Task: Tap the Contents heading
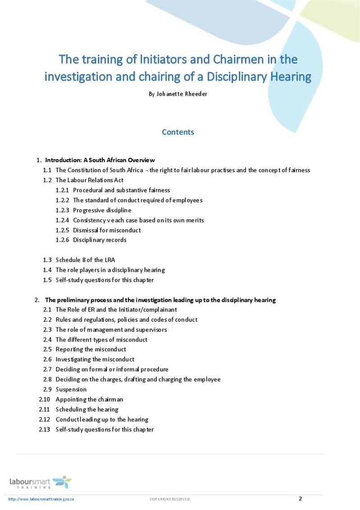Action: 178,132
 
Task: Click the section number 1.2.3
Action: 62,210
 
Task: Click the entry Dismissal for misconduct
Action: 107,230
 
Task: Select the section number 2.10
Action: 45,400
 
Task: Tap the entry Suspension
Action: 71,390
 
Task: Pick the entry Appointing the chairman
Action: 89,400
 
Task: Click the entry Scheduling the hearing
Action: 87,409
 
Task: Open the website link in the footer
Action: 41,499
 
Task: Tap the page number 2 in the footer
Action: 300,498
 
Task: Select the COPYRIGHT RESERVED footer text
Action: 170,499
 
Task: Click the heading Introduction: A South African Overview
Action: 100,160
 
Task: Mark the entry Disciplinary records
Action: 100,240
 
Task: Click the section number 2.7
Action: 47,369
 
